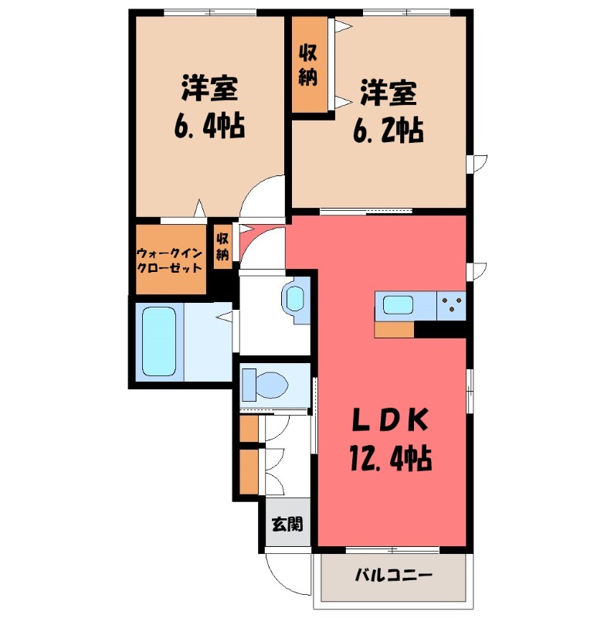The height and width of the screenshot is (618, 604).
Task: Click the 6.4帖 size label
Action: pos(209,125)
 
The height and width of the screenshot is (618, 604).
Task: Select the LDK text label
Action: pos(389,421)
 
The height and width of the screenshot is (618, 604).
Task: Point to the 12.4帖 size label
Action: pos(391,458)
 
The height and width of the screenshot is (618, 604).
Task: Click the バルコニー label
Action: pos(394,575)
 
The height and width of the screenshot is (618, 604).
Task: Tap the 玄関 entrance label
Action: pos(287,525)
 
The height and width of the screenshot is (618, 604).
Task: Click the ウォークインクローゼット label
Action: pos(169,260)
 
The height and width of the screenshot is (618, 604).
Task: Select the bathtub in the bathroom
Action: pos(159,341)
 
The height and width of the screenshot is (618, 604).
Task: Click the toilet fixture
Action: pos(264,384)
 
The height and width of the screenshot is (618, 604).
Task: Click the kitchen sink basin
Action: pos(398,305)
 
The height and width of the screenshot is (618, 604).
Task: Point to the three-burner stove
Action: pos(451,306)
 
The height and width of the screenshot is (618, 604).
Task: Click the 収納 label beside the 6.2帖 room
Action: pos(308,66)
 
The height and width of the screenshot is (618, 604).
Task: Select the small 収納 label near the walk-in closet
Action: pos(222,246)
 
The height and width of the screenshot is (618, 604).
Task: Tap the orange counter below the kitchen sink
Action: pos(394,330)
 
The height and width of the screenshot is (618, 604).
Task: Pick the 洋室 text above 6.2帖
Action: pos(389,93)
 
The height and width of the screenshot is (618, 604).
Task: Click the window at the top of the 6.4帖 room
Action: pos(210,12)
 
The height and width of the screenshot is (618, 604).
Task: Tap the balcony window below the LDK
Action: pos(393,550)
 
